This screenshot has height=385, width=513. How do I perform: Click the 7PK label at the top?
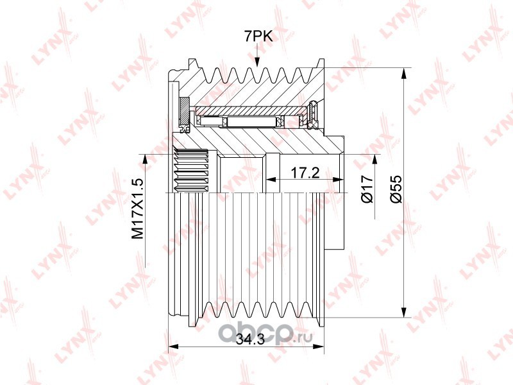(x=258, y=37)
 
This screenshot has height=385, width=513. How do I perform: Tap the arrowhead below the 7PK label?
(x=257, y=62)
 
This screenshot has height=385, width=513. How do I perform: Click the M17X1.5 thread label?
(x=138, y=208)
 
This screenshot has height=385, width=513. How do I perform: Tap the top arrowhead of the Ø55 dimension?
(x=405, y=73)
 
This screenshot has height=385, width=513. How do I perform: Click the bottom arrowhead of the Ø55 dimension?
(x=405, y=312)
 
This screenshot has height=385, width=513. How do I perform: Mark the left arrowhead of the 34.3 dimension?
(x=172, y=346)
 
